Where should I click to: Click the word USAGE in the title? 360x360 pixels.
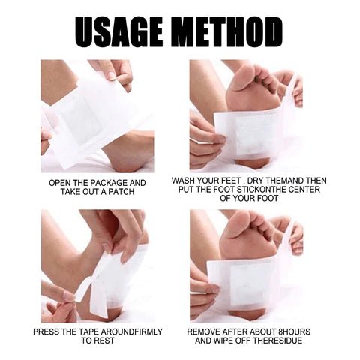point(118,32)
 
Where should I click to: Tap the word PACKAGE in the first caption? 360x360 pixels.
point(109,183)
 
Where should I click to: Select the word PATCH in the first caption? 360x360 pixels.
point(121,192)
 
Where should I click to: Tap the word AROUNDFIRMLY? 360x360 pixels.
point(132,331)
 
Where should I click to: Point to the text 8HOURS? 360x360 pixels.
point(294,331)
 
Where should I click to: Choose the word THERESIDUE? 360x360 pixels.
point(277,340)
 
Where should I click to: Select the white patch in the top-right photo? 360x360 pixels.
point(250,133)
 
